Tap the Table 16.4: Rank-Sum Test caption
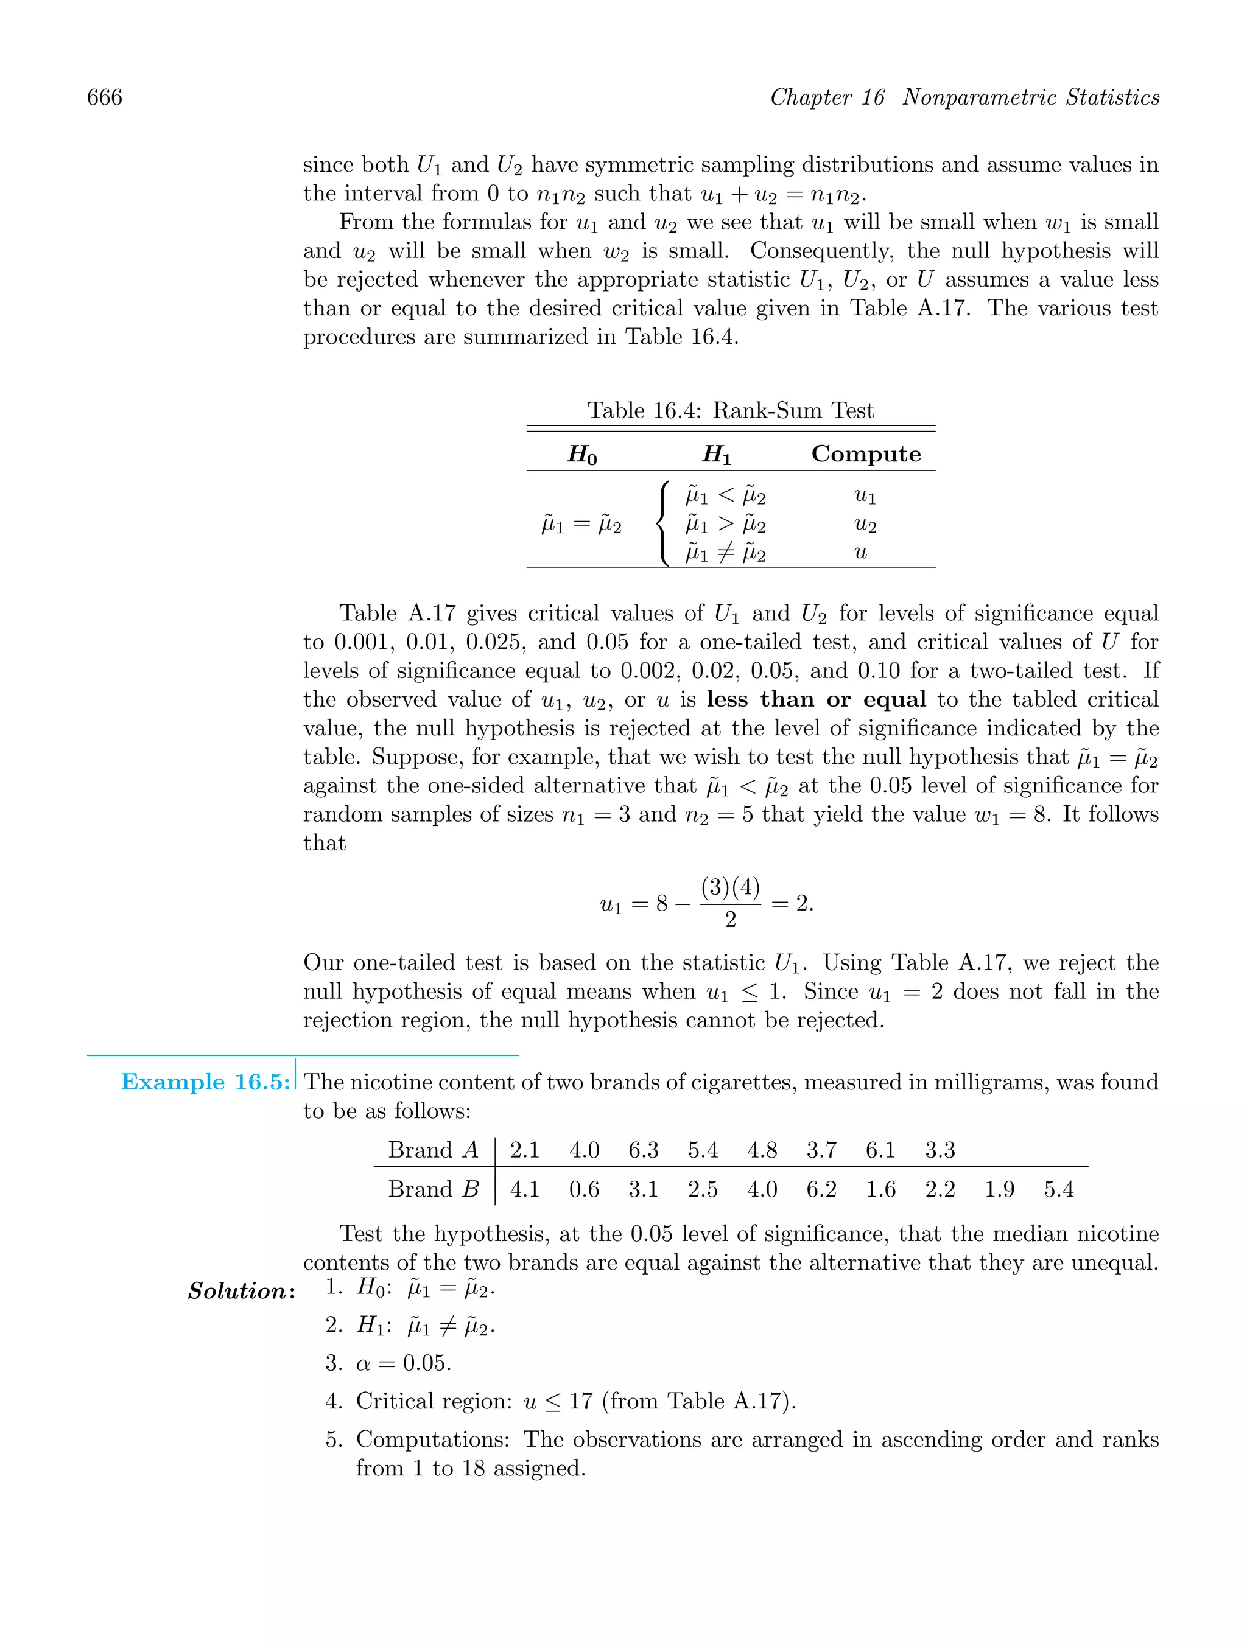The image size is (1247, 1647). (x=730, y=410)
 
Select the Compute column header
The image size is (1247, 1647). (x=866, y=453)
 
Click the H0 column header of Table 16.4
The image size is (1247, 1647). (x=581, y=454)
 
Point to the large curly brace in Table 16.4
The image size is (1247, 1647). (x=662, y=524)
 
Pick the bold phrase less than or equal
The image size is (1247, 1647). (x=817, y=699)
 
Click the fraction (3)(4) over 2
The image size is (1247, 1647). (x=730, y=903)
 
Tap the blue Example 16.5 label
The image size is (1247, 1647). (x=205, y=1082)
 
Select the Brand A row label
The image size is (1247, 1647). (x=433, y=1150)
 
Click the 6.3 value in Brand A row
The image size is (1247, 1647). (x=643, y=1150)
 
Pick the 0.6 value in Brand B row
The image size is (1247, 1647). (x=584, y=1189)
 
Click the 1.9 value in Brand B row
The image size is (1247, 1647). (x=999, y=1189)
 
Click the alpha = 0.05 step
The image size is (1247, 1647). (x=403, y=1363)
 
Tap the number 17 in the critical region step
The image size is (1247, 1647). (x=580, y=1400)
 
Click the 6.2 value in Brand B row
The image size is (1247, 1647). (x=821, y=1189)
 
